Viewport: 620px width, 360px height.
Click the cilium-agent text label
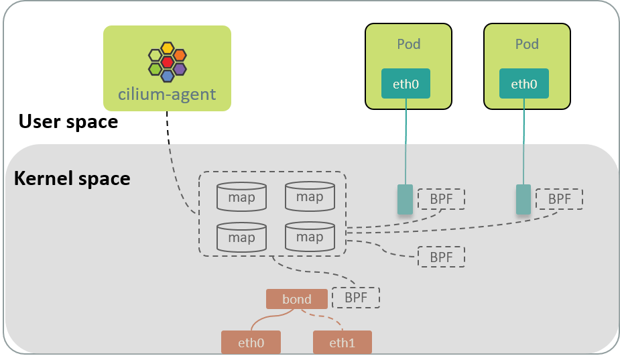coord(167,94)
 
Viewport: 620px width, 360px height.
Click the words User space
coord(68,122)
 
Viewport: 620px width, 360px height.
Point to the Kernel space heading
coord(72,179)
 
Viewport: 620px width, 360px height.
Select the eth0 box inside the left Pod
coord(406,84)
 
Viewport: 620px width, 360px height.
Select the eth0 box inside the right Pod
coord(524,84)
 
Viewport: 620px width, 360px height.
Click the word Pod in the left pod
coord(408,44)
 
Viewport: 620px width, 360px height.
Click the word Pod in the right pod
coord(527,44)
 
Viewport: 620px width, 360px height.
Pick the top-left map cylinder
coord(241,197)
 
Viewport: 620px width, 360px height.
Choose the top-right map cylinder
coord(310,196)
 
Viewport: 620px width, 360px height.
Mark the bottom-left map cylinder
coord(241,237)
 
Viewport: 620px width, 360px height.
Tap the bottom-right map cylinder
coord(310,237)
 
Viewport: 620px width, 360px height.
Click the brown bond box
coord(297,299)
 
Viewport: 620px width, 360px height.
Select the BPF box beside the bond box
coord(356,298)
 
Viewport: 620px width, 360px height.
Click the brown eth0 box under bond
coord(251,343)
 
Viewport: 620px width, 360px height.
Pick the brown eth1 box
coord(342,343)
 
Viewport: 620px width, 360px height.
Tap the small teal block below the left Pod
coord(405,200)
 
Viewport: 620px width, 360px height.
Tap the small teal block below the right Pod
coord(523,200)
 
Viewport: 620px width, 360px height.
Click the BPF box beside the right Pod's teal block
coord(559,198)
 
